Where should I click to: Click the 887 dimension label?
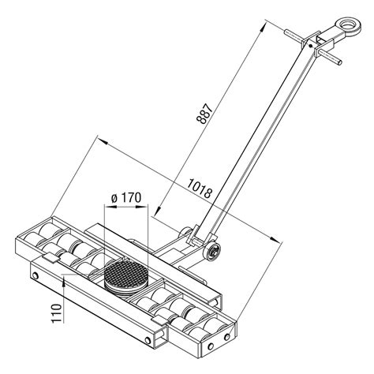(x=204, y=114)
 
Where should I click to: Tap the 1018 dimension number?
(x=200, y=189)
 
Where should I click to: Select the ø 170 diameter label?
(x=126, y=198)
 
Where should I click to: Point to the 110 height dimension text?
(x=56, y=313)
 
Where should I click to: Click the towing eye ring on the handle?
(x=348, y=26)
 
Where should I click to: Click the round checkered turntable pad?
(x=127, y=277)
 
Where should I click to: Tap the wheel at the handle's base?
(x=212, y=252)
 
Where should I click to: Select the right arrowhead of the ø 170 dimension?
(x=141, y=207)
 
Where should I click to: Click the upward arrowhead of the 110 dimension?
(x=64, y=281)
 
